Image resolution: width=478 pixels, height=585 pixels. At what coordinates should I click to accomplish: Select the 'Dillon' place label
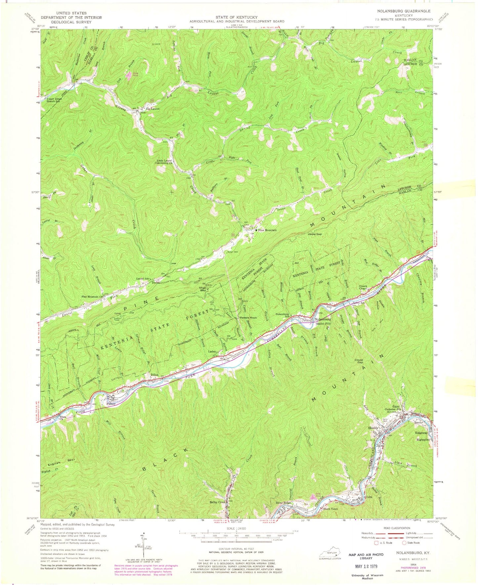click(155, 375)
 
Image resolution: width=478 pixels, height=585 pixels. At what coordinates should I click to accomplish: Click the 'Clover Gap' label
click(359, 362)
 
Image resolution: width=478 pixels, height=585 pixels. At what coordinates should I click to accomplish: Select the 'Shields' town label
click(373, 428)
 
